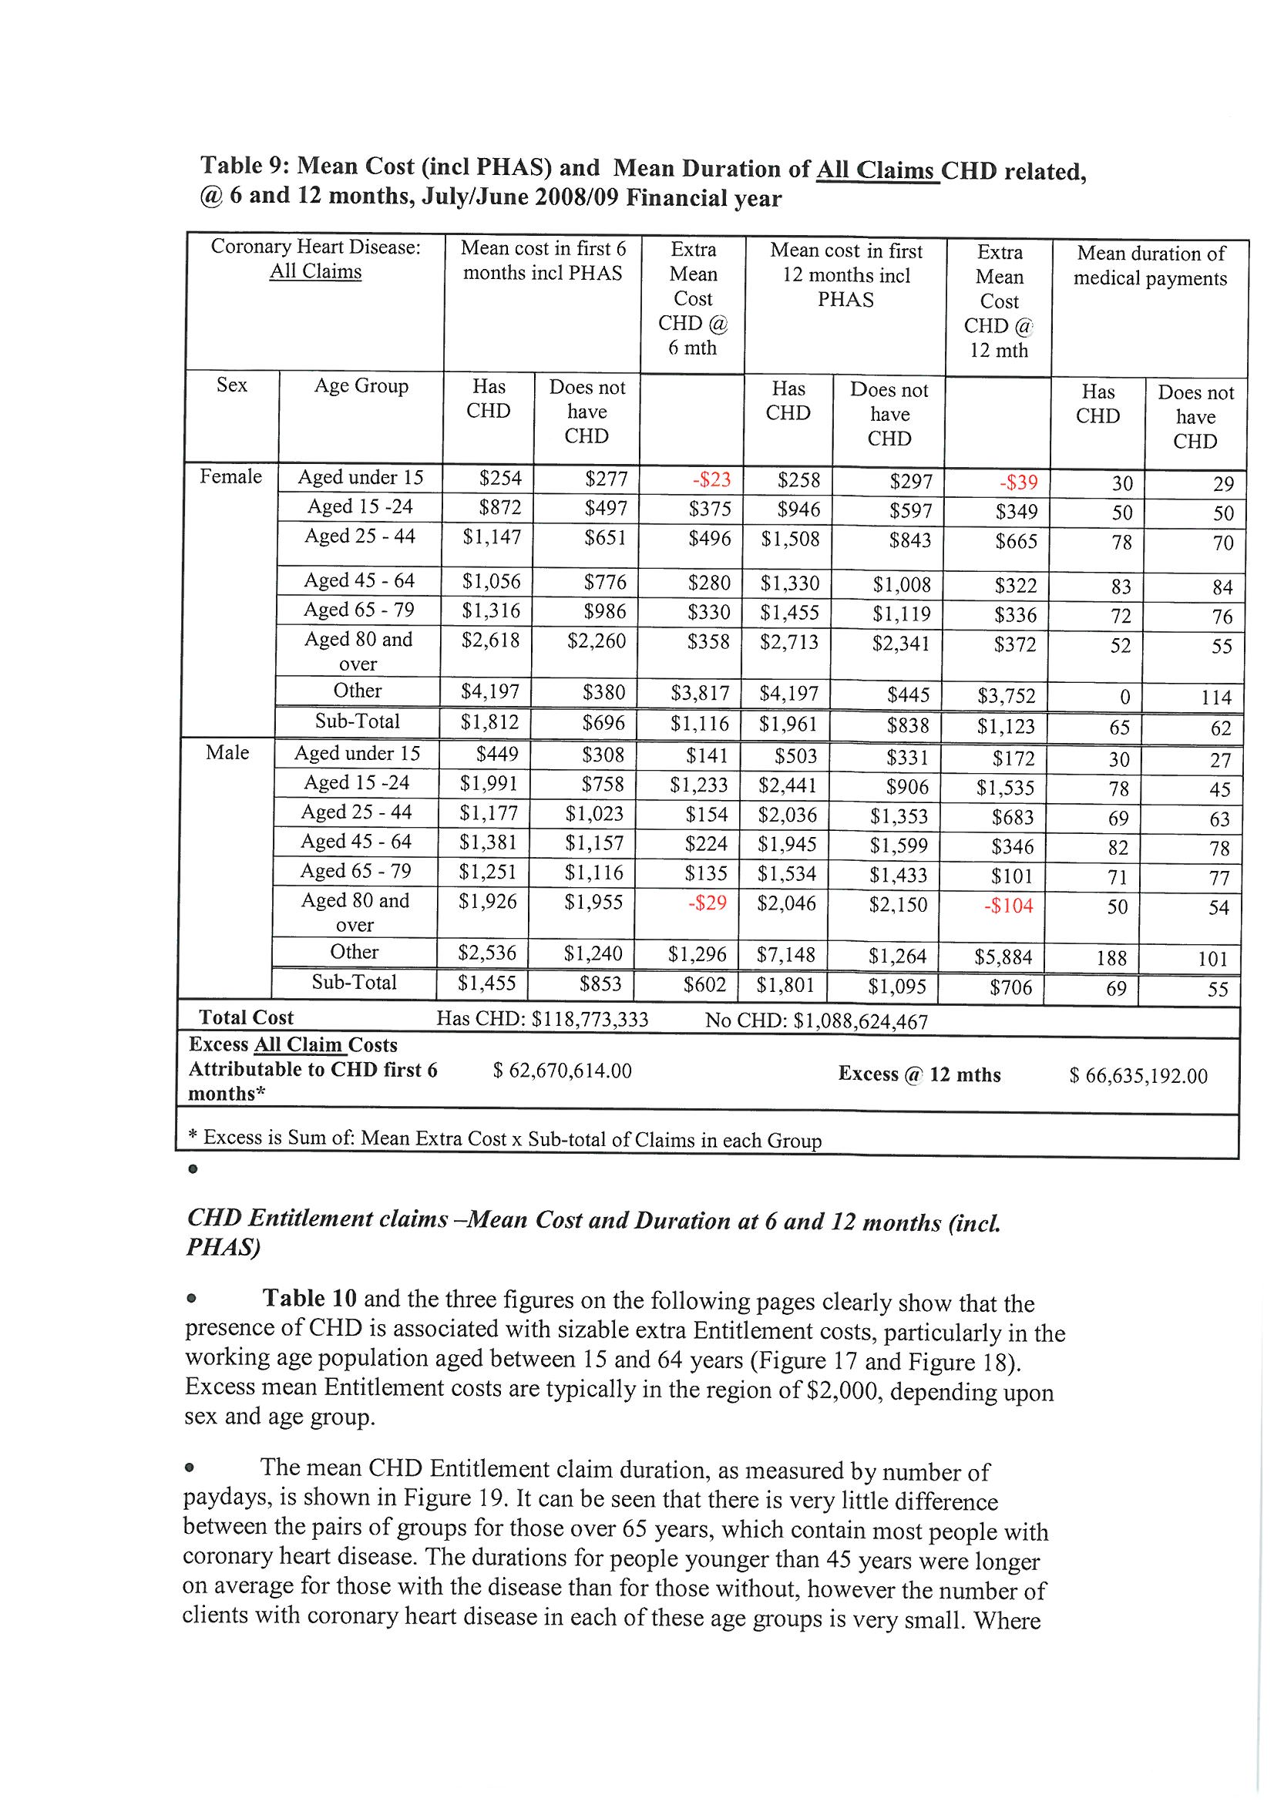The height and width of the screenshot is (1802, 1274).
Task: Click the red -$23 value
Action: tap(710, 479)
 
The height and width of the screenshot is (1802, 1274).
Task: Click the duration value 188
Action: tap(1111, 958)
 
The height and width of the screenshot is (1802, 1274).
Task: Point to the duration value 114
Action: tap(1216, 698)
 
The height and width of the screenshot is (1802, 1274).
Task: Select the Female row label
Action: tap(230, 477)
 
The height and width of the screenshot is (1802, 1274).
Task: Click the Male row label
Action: tap(227, 753)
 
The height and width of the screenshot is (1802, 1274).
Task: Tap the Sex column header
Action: tap(231, 385)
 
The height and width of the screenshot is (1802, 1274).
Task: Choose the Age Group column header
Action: tap(361, 386)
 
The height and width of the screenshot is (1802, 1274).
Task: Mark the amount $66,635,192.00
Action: tap(1138, 1076)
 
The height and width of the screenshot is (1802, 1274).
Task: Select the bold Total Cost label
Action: tap(246, 1018)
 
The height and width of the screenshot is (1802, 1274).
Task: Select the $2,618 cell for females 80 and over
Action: tap(490, 641)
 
